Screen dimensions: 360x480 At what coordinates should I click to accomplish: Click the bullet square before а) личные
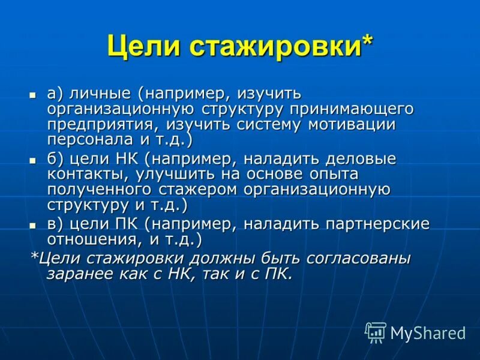pos(34,95)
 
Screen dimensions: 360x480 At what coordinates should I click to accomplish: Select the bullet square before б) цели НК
pos(34,160)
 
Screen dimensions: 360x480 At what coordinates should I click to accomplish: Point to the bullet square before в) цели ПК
pos(34,225)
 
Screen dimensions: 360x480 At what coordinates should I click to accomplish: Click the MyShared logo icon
pos(376,332)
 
